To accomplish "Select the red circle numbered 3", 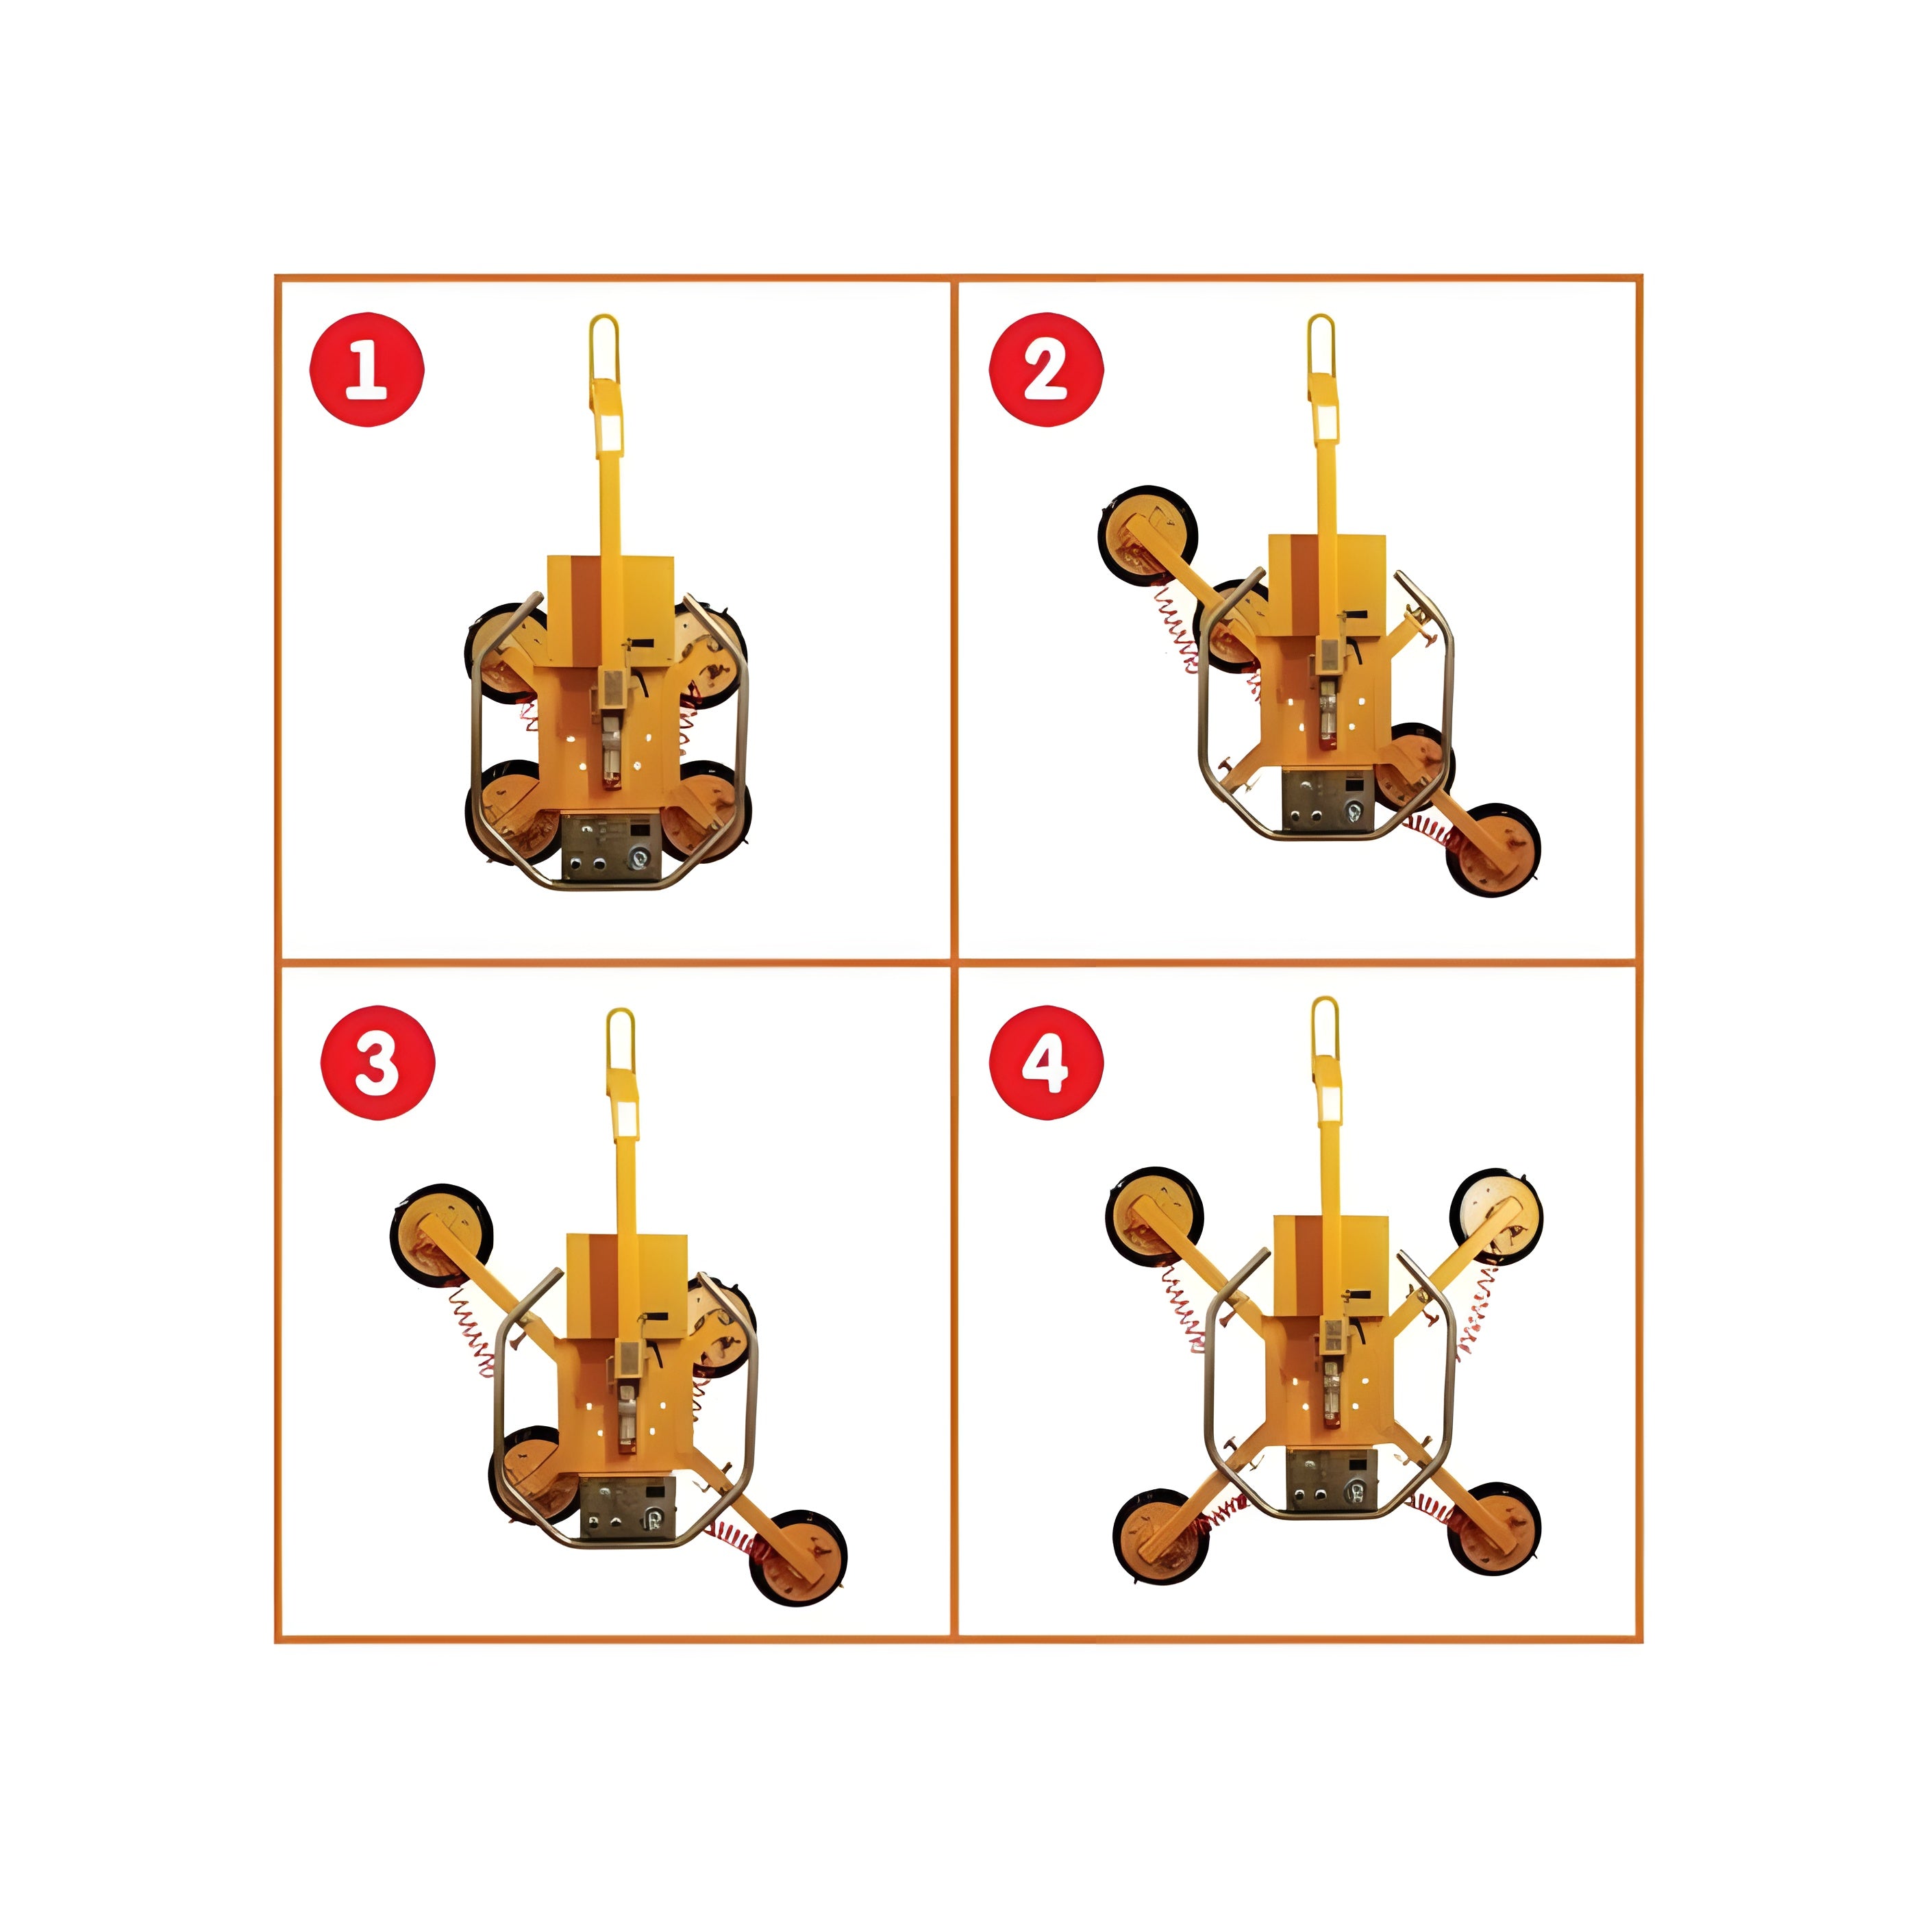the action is (378, 1063).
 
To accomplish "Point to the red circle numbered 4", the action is (1047, 1063).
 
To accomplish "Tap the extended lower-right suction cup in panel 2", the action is (1493, 850).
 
